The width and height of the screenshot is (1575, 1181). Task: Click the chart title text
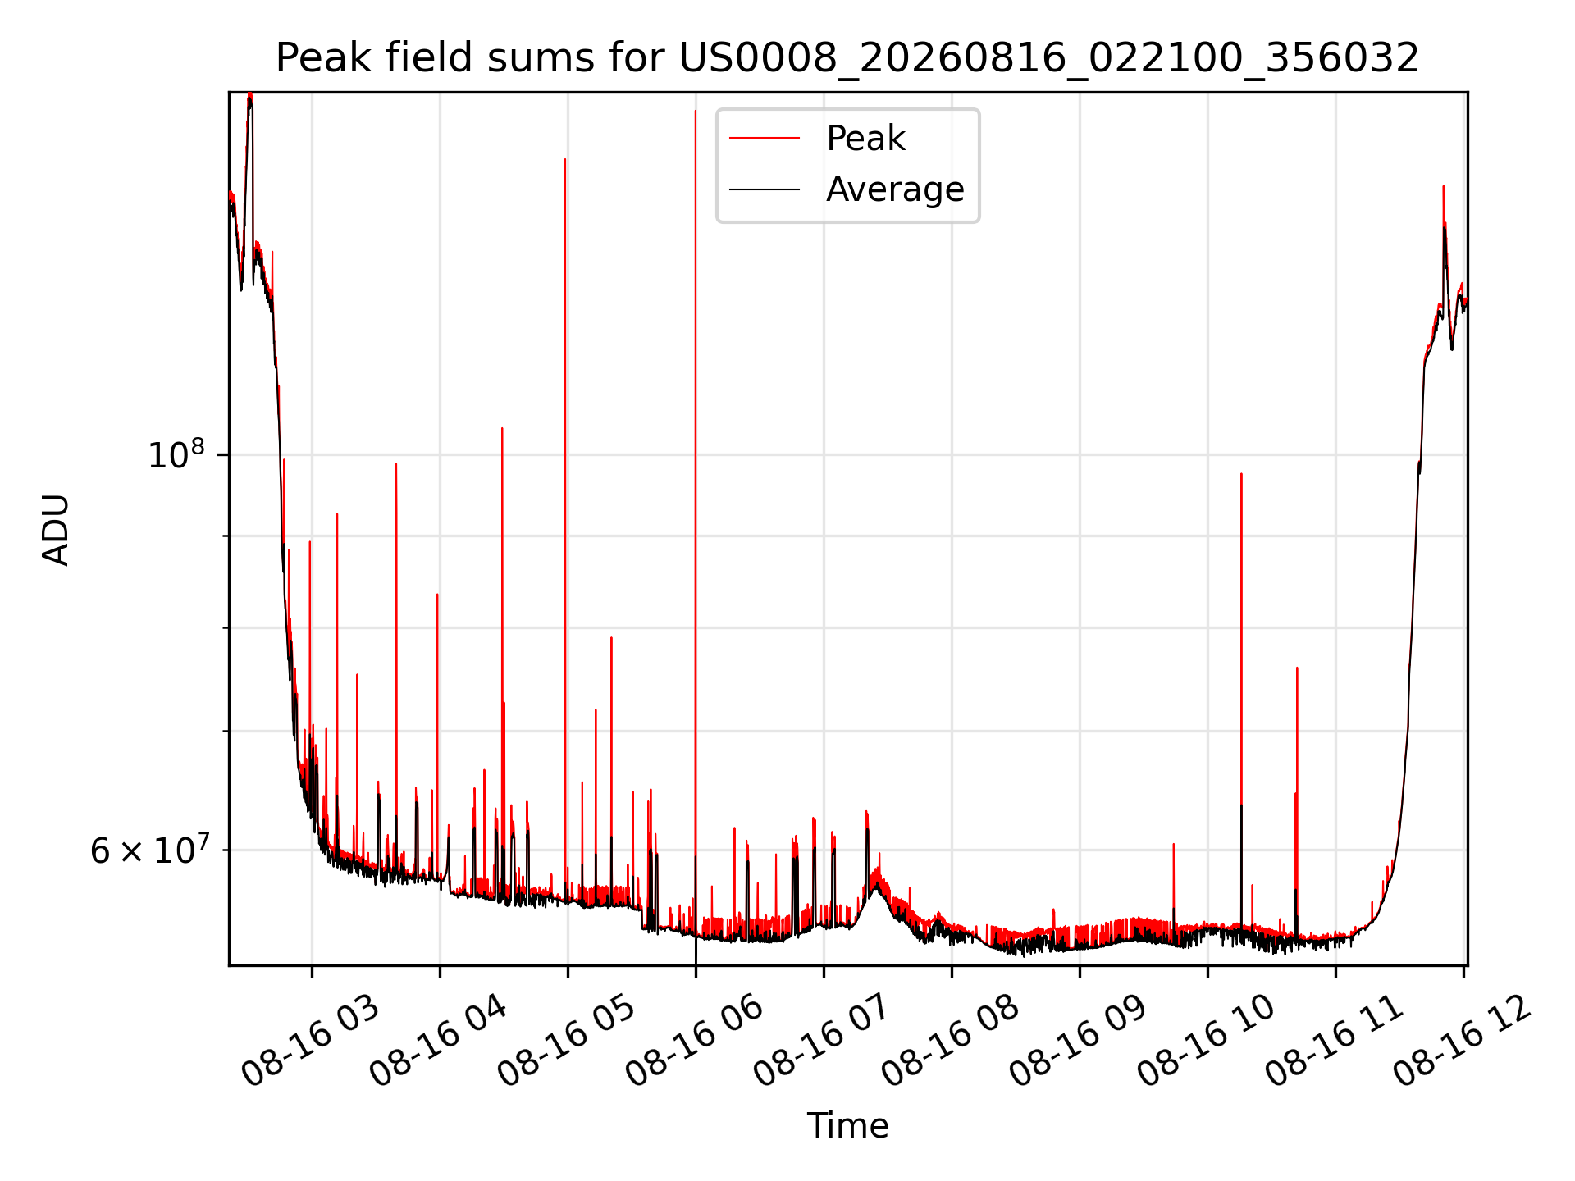point(847,58)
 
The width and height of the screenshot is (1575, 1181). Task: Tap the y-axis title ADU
point(56,529)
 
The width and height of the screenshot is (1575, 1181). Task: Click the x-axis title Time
point(847,1125)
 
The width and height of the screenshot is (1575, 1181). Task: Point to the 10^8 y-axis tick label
point(176,454)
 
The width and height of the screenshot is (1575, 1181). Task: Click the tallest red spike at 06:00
point(696,492)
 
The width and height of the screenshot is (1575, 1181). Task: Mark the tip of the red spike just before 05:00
point(565,159)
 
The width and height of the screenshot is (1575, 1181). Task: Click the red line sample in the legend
point(765,138)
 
